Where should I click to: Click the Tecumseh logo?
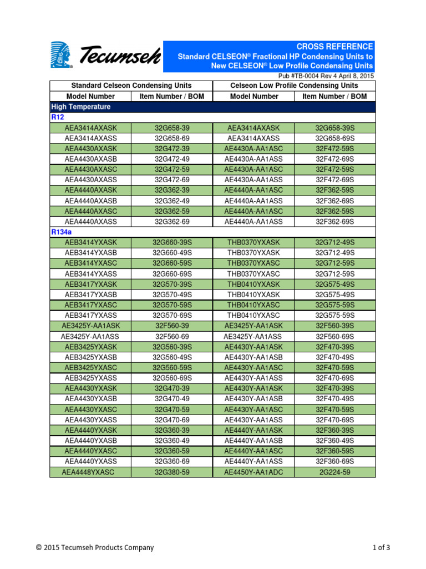click(x=105, y=56)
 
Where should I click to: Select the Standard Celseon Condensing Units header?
click(x=131, y=86)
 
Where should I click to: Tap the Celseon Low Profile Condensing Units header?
click(x=294, y=86)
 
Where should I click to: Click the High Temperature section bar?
click(x=81, y=107)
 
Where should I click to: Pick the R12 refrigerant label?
click(x=58, y=117)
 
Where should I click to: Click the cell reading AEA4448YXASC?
click(x=91, y=472)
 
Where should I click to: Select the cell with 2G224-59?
click(x=334, y=472)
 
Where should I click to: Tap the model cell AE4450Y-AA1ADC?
click(x=253, y=472)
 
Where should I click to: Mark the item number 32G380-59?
click(x=172, y=472)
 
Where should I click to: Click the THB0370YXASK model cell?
click(x=253, y=242)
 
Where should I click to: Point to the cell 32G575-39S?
click(x=334, y=284)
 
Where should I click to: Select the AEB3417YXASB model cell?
click(x=91, y=295)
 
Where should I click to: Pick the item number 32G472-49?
click(x=172, y=159)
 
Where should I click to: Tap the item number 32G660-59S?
click(x=172, y=263)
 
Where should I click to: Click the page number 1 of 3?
click(x=381, y=548)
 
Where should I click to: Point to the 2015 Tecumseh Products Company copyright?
click(x=95, y=548)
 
